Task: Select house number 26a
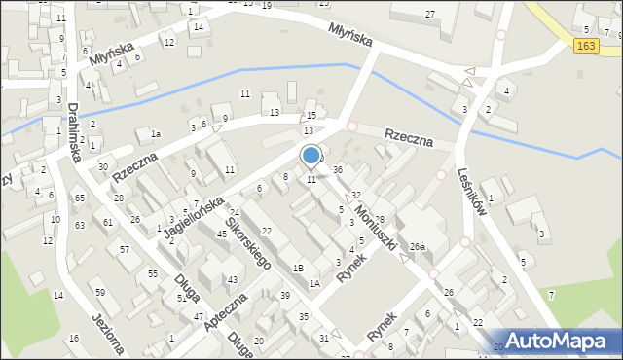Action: tap(418, 247)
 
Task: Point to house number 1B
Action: tap(299, 268)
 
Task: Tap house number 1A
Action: tap(314, 284)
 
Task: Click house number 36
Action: tap(338, 170)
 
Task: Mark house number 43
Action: tap(232, 280)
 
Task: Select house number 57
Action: tap(125, 250)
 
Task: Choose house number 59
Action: tap(99, 292)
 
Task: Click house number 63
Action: tap(79, 224)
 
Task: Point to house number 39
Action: tap(285, 295)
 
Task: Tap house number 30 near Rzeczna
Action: tap(103, 166)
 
